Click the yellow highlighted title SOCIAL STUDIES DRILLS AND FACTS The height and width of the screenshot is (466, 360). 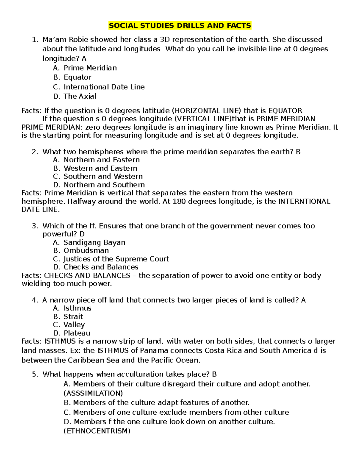(x=180, y=26)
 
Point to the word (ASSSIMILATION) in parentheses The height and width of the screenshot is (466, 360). (x=93, y=393)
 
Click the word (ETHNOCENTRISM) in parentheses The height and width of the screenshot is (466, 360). (x=97, y=431)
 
